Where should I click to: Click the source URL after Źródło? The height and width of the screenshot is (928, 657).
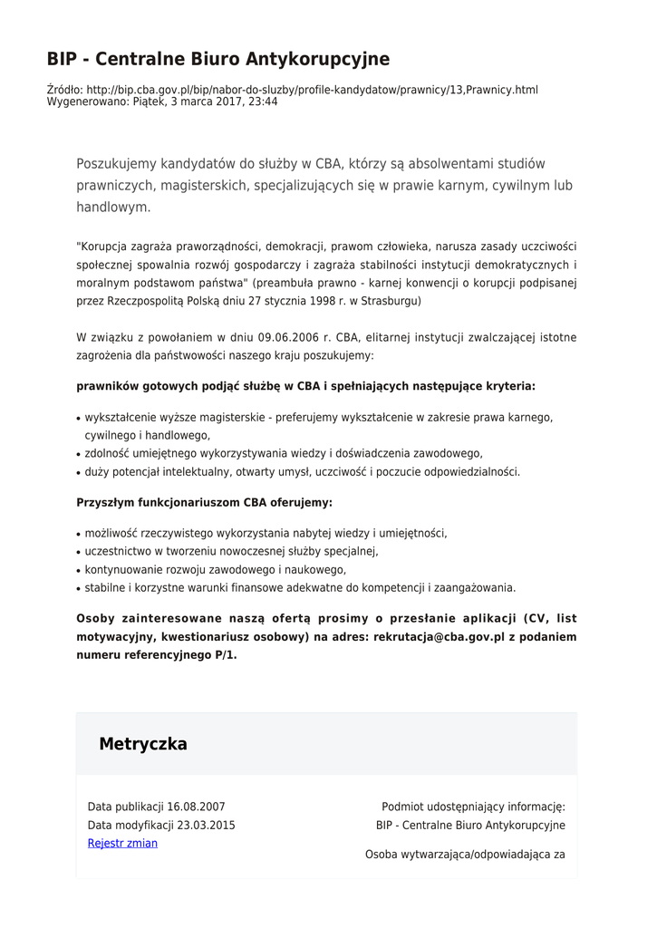click(x=312, y=90)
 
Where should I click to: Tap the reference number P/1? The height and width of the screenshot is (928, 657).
click(x=225, y=655)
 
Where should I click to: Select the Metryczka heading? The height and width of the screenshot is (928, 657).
click(x=143, y=744)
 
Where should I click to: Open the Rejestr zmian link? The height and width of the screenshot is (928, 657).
click(x=122, y=844)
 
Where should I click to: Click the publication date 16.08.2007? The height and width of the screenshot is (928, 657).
click(x=196, y=807)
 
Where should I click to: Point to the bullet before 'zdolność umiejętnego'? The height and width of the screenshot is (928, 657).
click(x=79, y=455)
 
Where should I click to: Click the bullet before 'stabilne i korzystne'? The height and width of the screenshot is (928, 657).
click(x=79, y=589)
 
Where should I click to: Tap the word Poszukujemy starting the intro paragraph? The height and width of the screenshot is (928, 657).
click(x=116, y=164)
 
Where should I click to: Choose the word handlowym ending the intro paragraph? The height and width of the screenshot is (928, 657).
click(x=111, y=208)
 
